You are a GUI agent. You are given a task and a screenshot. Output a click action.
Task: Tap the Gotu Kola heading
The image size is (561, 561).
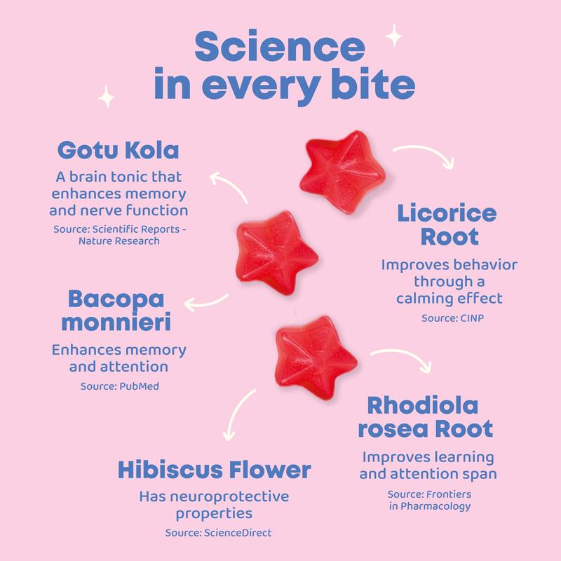click(118, 150)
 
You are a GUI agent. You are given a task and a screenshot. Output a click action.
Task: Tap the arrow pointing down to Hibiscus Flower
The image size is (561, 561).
click(236, 414)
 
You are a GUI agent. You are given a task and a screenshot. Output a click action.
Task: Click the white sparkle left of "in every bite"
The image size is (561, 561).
click(107, 97)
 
